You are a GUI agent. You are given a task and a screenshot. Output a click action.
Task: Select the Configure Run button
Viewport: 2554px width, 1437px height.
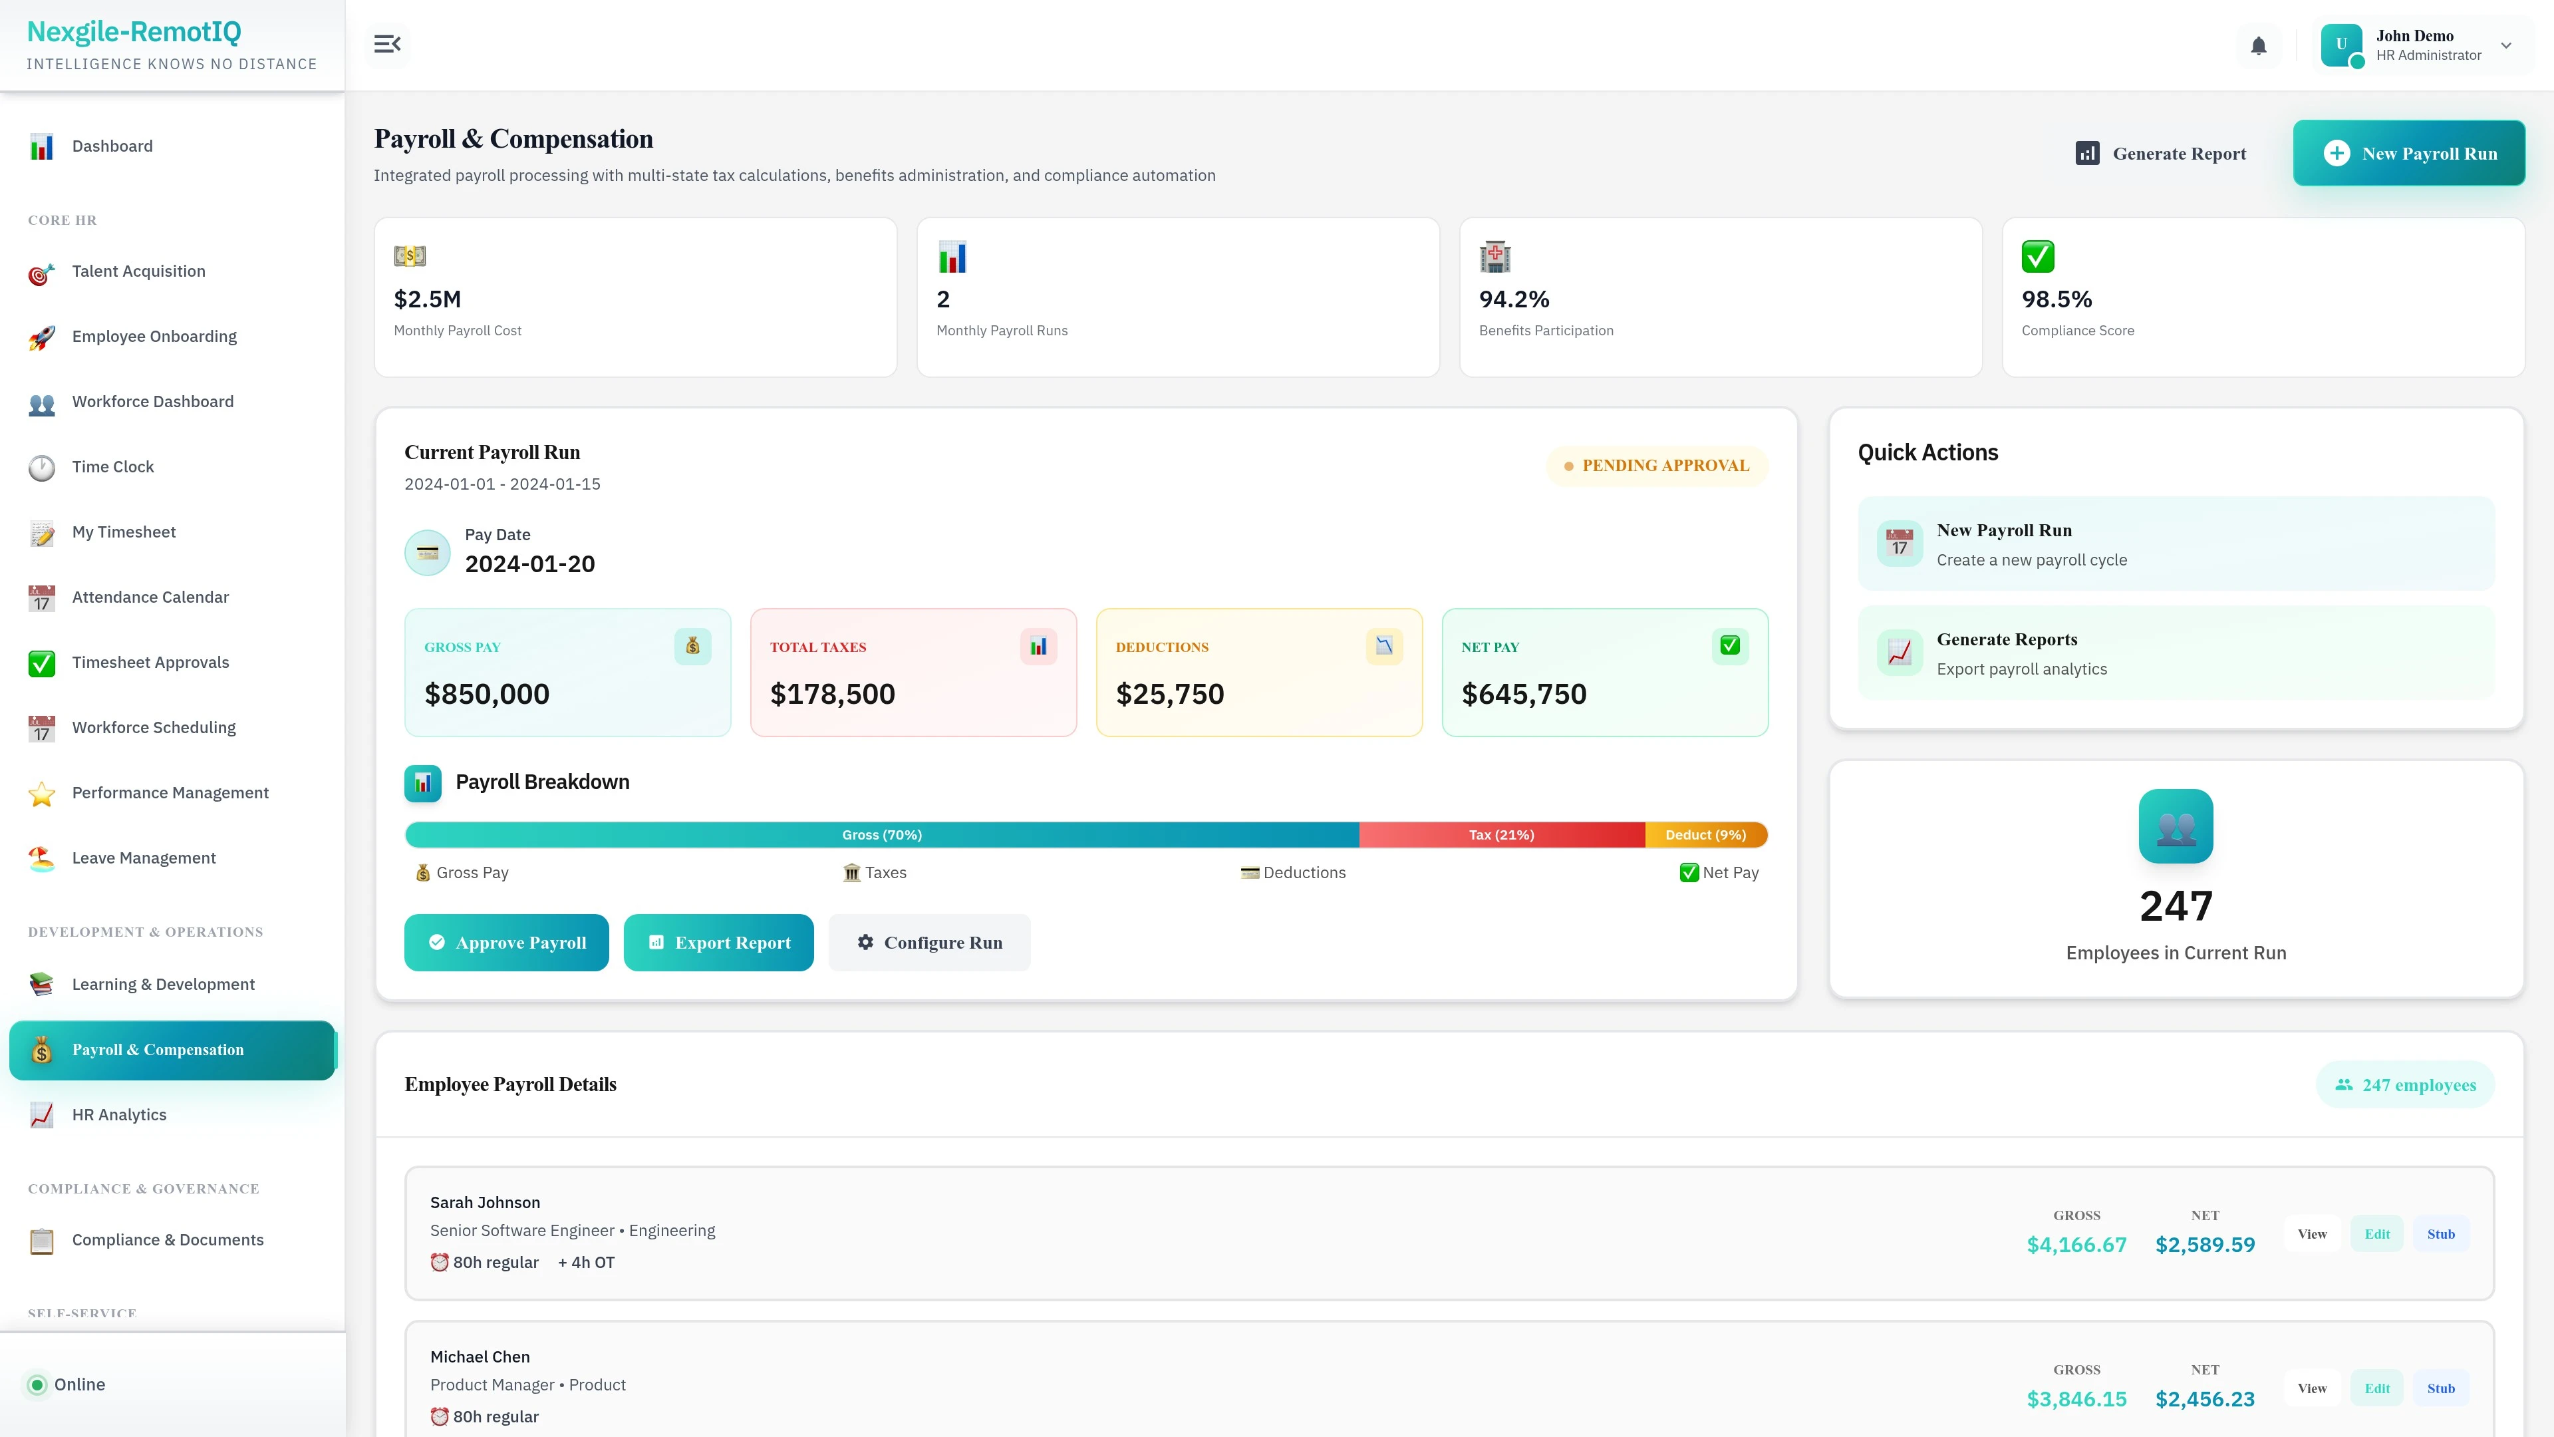(929, 942)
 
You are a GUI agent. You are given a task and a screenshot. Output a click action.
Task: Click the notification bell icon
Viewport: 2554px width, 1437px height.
(2259, 46)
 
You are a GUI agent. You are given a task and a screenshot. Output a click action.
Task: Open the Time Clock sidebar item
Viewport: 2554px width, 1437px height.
(113, 467)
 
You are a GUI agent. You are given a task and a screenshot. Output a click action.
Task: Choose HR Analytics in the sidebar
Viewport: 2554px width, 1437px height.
(119, 1115)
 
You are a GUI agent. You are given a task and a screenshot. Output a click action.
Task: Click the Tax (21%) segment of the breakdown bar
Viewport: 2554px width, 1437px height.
(1501, 835)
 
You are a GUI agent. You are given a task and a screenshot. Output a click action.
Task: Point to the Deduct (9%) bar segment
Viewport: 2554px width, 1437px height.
(1705, 835)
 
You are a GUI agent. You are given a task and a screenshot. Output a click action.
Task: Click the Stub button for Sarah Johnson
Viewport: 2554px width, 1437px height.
(2441, 1233)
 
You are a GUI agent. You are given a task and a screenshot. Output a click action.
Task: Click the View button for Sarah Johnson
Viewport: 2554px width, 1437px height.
(2312, 1233)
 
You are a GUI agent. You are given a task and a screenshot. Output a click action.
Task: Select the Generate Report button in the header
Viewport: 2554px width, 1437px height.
(2162, 154)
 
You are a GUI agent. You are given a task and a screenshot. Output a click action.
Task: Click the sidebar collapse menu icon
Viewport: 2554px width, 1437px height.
(386, 45)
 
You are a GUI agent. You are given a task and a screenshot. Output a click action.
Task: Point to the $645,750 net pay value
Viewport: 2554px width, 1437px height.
(1524, 694)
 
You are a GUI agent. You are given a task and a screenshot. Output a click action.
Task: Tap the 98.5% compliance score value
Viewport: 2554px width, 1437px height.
(2057, 299)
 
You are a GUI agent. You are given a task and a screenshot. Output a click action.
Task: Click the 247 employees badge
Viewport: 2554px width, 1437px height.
(2405, 1085)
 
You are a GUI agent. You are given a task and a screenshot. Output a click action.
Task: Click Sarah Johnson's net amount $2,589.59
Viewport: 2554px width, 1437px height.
(2205, 1245)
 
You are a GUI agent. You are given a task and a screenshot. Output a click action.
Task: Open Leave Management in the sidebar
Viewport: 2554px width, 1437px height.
(144, 858)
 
